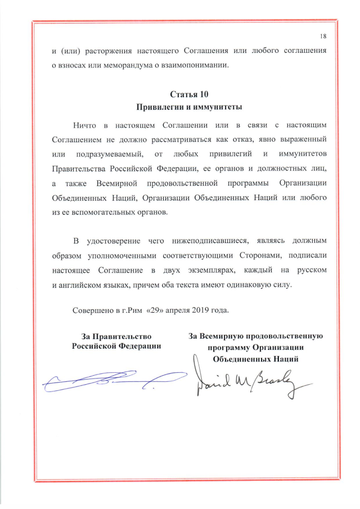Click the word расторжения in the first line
tap(115, 51)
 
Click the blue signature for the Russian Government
tap(112, 380)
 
